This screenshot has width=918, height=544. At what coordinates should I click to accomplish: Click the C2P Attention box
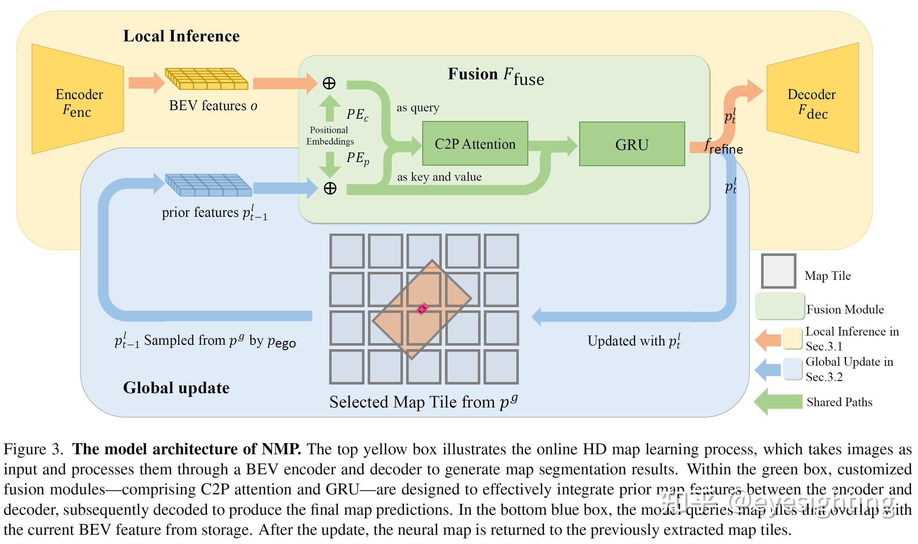click(475, 144)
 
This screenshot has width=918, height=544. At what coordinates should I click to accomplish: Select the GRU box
click(632, 144)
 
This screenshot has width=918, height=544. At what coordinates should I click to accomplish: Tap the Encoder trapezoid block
click(78, 99)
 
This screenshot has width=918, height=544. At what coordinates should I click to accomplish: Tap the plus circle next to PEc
click(329, 83)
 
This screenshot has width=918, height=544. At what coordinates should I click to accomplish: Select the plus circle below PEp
click(330, 188)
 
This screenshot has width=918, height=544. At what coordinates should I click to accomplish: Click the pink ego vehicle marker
click(422, 308)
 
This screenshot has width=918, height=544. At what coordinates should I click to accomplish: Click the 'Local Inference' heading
click(181, 36)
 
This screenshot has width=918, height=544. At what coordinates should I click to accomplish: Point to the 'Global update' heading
click(176, 388)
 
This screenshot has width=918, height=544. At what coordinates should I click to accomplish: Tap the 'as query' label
click(418, 108)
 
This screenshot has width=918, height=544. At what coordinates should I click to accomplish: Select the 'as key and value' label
click(439, 177)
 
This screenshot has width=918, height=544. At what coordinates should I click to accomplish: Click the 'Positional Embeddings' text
click(329, 136)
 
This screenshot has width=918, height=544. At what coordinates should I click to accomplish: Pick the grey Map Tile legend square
click(778, 271)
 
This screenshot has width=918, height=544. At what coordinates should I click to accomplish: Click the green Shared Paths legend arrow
click(778, 402)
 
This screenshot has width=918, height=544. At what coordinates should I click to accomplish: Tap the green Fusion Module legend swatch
click(780, 306)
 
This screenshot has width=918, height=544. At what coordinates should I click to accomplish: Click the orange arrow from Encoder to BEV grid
click(146, 83)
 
